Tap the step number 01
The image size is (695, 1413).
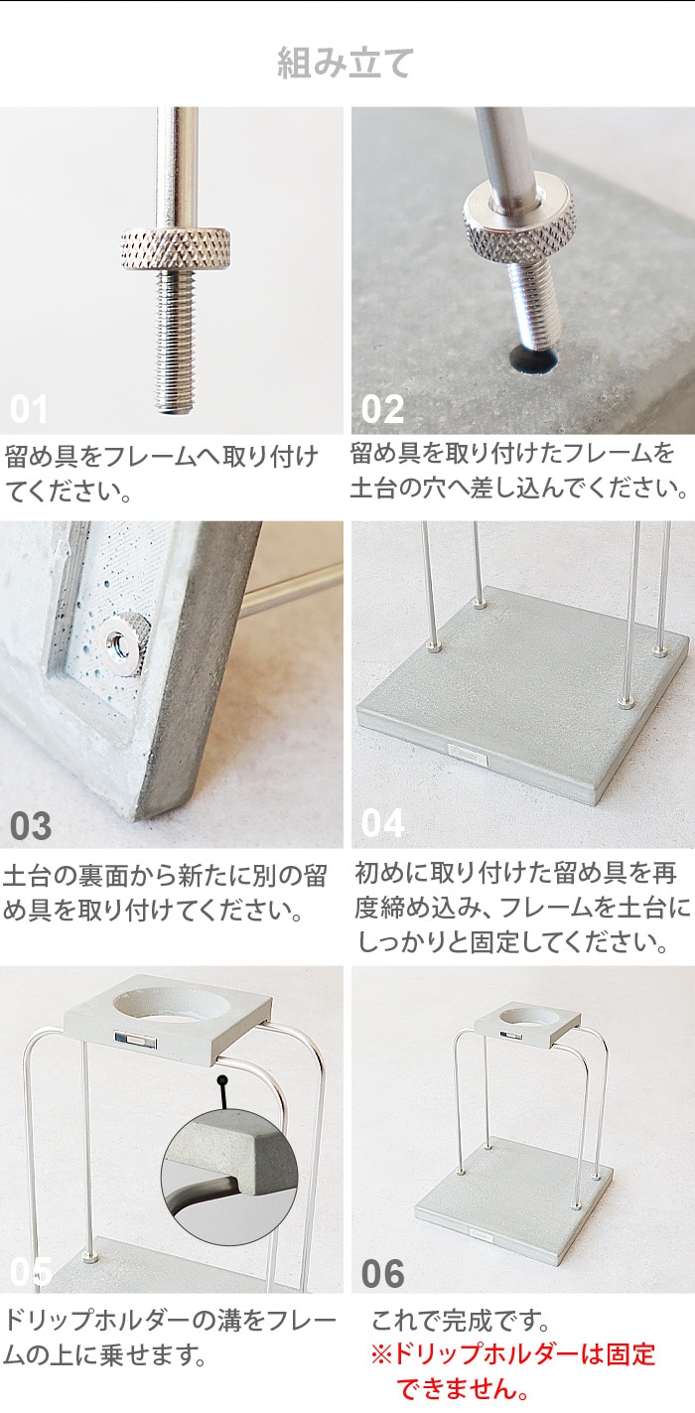point(29,409)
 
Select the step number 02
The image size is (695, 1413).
point(382,409)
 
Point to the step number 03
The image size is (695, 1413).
point(30,826)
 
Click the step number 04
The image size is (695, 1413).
point(382,823)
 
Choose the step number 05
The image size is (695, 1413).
point(31,1272)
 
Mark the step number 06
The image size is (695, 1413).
point(383,1274)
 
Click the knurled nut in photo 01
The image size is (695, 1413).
point(176,248)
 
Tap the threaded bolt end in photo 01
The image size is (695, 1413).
point(176,342)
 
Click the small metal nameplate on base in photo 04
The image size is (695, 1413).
point(467,752)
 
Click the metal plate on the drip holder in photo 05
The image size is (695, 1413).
point(136,1039)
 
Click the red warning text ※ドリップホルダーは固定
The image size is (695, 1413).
point(512,1353)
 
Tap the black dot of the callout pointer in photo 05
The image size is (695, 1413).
point(221,1079)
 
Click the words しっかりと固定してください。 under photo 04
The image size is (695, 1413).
point(512,941)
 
